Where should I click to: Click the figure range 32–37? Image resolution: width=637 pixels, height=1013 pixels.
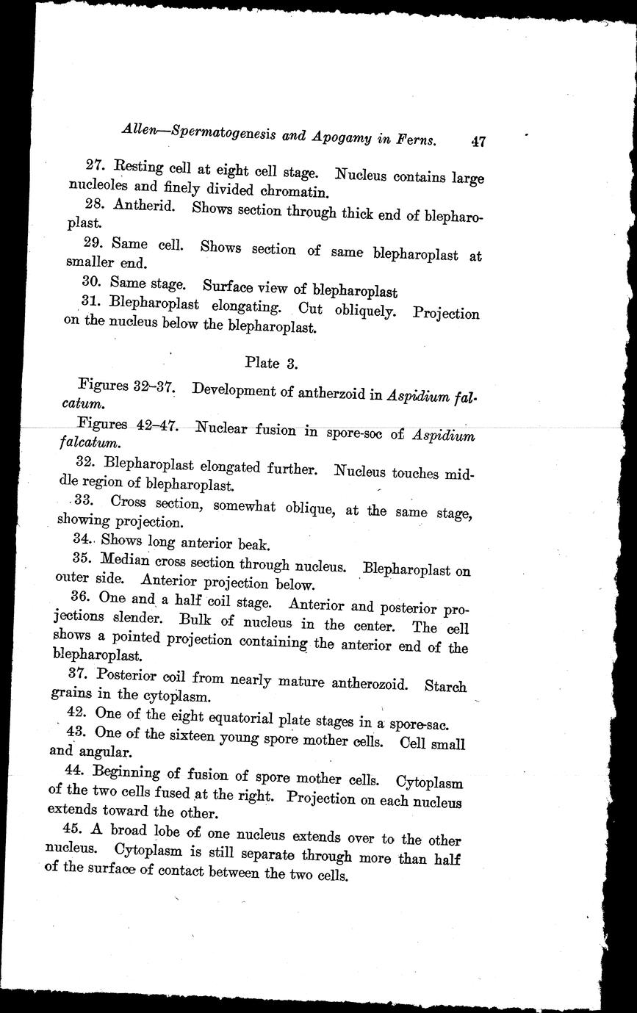[x=153, y=386]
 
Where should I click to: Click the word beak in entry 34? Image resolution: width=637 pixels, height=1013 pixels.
[x=257, y=545]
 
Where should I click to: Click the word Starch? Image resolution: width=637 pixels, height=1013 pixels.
[x=445, y=687]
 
